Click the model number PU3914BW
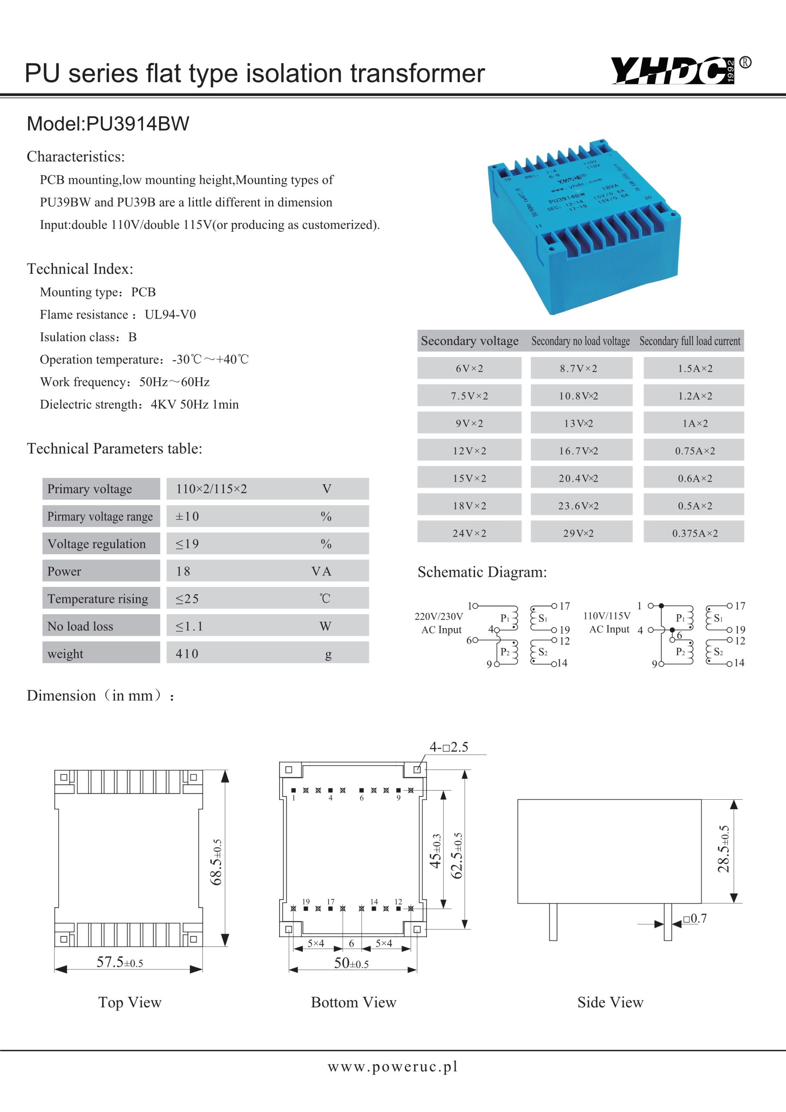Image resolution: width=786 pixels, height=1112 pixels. [x=138, y=124]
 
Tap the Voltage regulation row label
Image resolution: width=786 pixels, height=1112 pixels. [x=97, y=544]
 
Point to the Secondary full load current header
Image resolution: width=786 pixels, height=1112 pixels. [x=690, y=341]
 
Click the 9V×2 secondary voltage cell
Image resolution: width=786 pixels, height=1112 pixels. [x=469, y=424]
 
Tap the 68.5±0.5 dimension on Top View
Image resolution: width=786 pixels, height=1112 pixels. [x=217, y=863]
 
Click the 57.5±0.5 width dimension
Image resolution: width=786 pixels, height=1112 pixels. [x=119, y=962]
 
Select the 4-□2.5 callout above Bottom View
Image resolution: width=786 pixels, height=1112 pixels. [x=449, y=747]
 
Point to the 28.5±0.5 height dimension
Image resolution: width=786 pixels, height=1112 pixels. [x=723, y=849]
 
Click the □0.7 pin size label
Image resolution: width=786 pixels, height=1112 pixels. [x=695, y=919]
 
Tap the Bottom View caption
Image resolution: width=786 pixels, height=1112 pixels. [x=353, y=1003]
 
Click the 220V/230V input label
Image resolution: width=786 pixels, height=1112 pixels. [x=439, y=616]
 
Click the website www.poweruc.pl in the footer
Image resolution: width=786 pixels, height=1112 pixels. [x=393, y=1067]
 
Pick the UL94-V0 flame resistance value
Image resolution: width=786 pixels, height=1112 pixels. [x=171, y=315]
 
